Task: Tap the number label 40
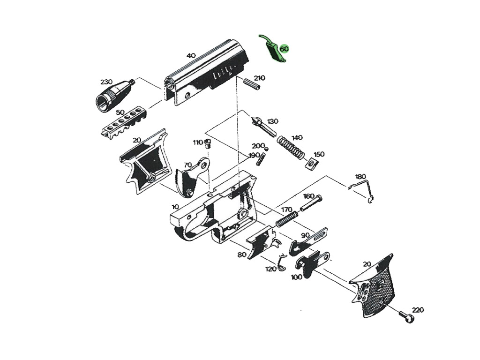[191, 55]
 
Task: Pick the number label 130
[272, 121]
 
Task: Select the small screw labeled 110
[209, 142]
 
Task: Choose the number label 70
[187, 165]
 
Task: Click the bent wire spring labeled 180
[364, 189]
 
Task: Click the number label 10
[175, 207]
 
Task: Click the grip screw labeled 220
[406, 317]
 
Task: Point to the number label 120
[271, 269]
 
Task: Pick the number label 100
[296, 277]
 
